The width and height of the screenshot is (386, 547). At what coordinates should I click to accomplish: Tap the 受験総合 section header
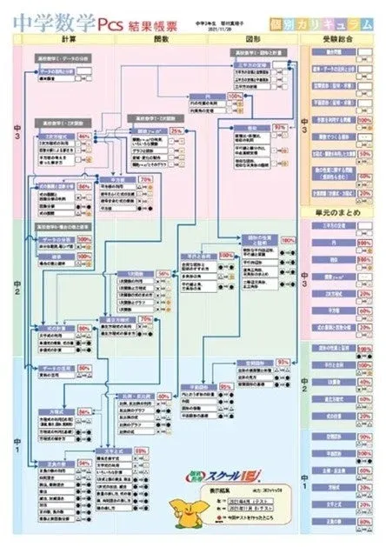[335, 40]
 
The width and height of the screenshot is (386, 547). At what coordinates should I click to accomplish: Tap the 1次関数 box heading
[130, 273]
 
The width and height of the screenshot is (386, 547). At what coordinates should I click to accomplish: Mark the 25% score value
[176, 130]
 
